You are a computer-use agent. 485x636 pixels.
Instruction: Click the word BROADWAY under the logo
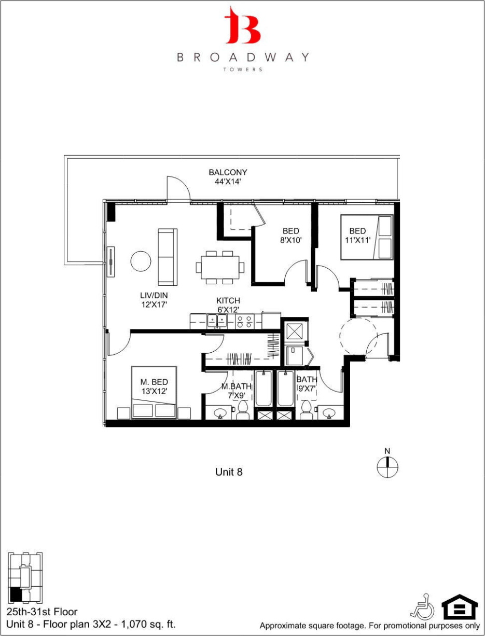243,57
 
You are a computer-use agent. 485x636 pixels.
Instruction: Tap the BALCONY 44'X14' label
228,177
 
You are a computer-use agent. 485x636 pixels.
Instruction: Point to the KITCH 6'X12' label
228,305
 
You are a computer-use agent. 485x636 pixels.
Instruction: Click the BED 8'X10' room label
291,236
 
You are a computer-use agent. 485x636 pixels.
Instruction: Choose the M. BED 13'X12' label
154,387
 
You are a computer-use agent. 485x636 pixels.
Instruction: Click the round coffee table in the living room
141,261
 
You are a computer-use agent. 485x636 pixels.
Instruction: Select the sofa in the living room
167,257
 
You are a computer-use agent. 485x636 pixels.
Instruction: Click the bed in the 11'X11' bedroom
366,238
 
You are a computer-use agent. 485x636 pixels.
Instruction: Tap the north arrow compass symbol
387,465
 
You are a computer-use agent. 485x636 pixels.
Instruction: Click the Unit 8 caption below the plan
229,472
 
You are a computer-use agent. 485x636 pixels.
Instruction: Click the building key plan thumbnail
25,578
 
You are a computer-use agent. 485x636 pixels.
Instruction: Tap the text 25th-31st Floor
42,612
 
